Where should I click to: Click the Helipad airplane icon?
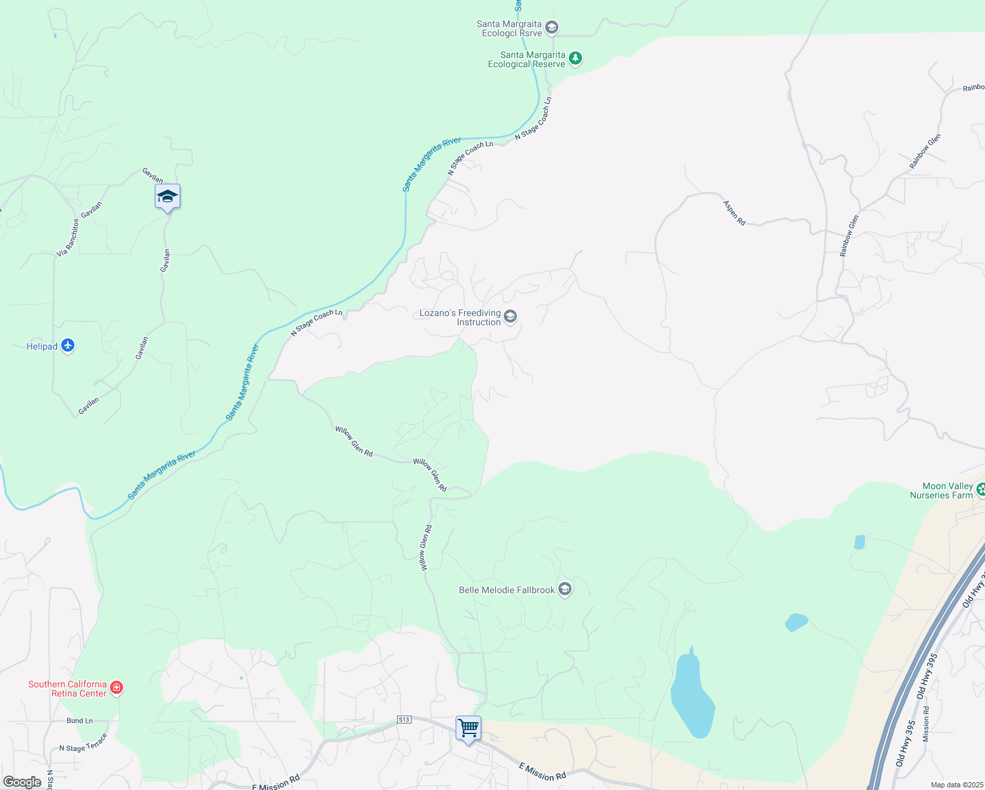(68, 346)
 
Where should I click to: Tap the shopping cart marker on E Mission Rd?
(468, 729)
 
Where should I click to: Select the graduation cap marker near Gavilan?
(167, 196)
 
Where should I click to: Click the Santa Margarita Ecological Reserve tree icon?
(575, 59)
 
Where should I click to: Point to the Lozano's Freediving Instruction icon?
(511, 318)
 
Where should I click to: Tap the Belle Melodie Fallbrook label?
(506, 590)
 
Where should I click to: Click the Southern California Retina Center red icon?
(117, 688)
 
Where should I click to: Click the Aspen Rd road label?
(734, 213)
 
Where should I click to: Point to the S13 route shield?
(404, 720)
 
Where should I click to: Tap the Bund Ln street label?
(80, 721)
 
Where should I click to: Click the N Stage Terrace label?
(83, 745)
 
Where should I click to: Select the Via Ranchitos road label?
(67, 238)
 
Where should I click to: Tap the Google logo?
(22, 782)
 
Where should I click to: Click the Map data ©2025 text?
(956, 785)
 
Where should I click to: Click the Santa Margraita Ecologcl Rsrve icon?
(552, 28)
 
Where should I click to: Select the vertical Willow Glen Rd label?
(425, 547)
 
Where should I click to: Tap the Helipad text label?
(41, 346)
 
